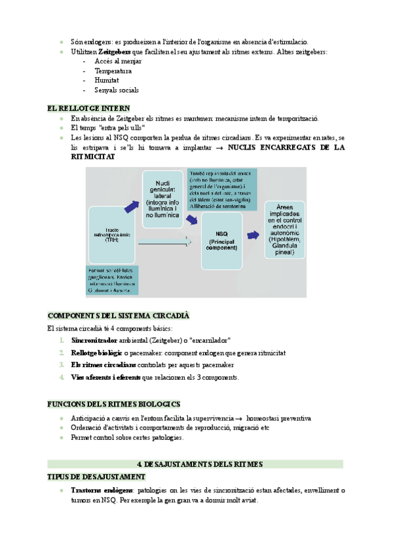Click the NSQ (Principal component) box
225,240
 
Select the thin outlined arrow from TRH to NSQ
163,245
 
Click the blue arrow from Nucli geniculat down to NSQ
191,222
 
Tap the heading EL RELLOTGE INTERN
88,108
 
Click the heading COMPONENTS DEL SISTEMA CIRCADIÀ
119,315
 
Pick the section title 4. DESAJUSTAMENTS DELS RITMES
195,464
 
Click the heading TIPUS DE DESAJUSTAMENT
97,477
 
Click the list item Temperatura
113,71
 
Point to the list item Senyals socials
117,90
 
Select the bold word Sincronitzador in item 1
94,340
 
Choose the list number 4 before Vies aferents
61,377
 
